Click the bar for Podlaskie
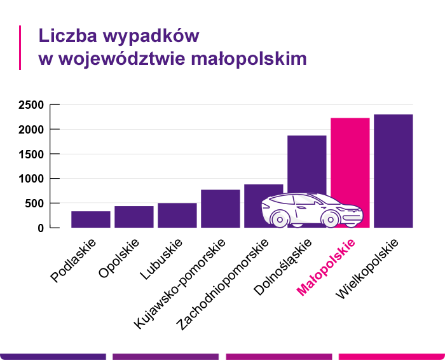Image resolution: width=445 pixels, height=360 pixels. [x=91, y=219]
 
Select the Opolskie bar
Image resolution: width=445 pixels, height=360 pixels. [x=134, y=217]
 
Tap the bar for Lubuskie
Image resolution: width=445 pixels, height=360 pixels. [x=177, y=215]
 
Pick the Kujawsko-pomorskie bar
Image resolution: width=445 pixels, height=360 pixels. [x=221, y=208]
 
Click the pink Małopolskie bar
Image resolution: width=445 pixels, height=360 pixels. [x=350, y=159]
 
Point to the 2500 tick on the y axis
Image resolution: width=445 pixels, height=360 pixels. [x=31, y=105]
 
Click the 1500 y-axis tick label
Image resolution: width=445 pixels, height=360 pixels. [x=31, y=154]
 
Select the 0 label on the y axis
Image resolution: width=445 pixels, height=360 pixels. [x=40, y=228]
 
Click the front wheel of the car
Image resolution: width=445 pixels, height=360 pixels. [x=330, y=219]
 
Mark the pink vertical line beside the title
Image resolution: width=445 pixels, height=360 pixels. [x=20, y=47]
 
